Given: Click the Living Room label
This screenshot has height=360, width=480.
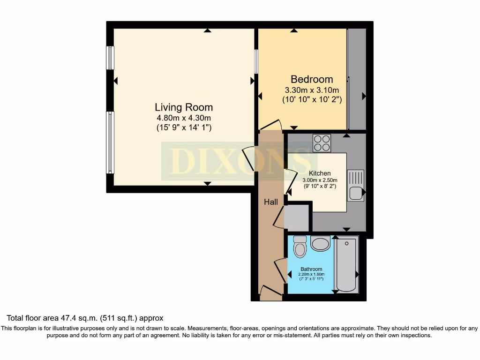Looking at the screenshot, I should pos(184,107).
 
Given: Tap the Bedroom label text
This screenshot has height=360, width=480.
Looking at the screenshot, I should pos(312,79).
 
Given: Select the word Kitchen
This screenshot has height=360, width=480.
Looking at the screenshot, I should pos(320,173).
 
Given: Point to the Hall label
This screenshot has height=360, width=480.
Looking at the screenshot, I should pos(270,202).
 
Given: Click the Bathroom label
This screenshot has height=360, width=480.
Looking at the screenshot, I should pos(311,269).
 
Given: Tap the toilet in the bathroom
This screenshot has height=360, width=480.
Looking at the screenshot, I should pos(299,247).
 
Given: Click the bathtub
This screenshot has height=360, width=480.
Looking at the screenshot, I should pos(346,265).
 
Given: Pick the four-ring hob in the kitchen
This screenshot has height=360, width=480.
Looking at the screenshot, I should pos(322,143).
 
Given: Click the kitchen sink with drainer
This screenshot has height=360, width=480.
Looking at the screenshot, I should pos(355,186).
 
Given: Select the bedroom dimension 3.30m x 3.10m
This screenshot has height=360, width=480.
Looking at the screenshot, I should pos(312,90).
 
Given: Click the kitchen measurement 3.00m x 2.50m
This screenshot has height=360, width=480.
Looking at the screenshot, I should pos(320,180).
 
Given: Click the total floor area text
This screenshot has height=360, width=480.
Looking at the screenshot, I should pos(85,318).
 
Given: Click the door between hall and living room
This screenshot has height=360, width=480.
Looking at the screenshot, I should pos(249,159).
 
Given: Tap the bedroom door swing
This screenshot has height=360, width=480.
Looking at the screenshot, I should pos(271,126).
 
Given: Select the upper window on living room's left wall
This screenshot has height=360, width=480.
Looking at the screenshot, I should pos(110,58).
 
